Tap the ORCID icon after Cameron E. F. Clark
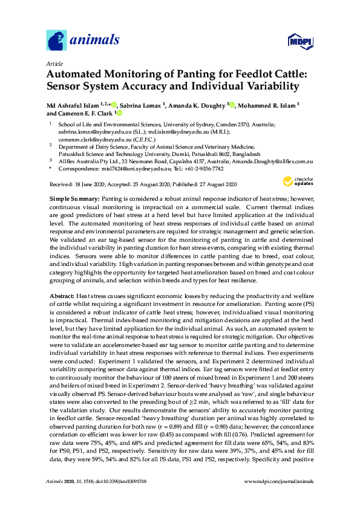119,113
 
